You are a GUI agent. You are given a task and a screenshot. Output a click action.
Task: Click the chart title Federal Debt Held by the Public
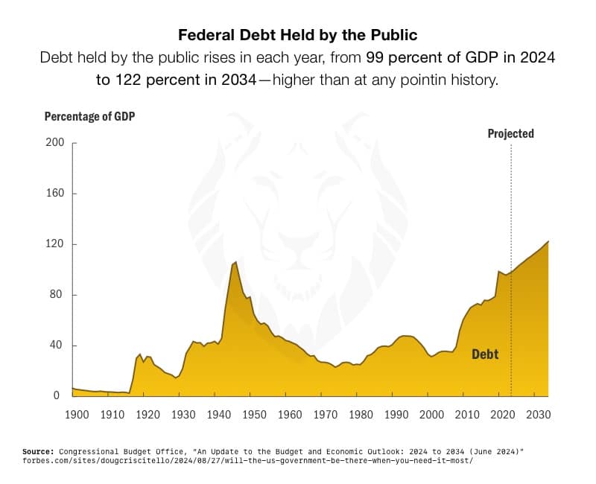[x=297, y=35]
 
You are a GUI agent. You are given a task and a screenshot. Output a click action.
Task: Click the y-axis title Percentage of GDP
[x=89, y=116]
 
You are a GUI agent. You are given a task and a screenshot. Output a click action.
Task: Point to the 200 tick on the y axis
[x=55, y=143]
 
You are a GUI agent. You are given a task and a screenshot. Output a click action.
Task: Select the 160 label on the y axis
[x=55, y=194]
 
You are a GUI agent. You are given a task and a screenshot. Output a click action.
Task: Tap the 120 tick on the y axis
[x=55, y=244]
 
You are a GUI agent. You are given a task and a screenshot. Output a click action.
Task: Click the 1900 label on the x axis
[x=77, y=414]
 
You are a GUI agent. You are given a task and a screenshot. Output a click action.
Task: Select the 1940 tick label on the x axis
[x=218, y=414]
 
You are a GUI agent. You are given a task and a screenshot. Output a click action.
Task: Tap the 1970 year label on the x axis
[x=325, y=414]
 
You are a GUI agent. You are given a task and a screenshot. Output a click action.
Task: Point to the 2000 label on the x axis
[x=431, y=414]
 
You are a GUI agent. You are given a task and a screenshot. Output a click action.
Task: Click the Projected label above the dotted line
[x=510, y=134]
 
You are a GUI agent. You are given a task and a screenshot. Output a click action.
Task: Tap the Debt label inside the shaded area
[x=485, y=354]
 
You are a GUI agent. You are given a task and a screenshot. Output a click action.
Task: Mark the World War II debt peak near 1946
[x=236, y=262]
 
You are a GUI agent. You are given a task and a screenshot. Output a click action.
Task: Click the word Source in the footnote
[x=37, y=451]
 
